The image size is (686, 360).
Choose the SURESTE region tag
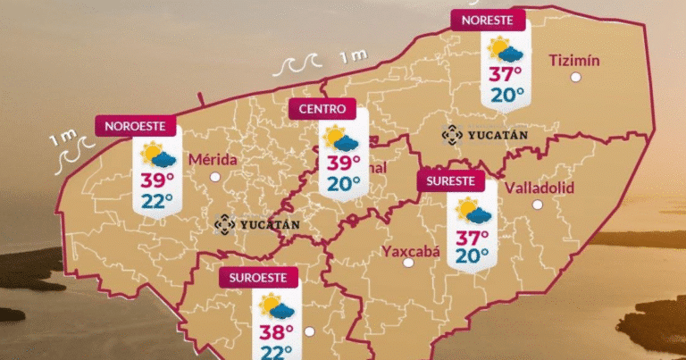coord(451,181)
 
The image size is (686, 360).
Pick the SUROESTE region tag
coord(258,277)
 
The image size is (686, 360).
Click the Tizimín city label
coord(573,60)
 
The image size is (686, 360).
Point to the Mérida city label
coord(213,160)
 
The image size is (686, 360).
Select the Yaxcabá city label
coord(412,251)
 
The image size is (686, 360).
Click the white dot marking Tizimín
coord(576,78)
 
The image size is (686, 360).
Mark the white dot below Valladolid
coord(538,205)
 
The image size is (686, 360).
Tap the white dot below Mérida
coord(214,177)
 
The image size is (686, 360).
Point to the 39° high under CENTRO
coord(343,163)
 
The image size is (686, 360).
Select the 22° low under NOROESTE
coord(157,201)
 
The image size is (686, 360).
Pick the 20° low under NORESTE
coord(506,95)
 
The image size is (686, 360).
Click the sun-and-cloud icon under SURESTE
coord(473,213)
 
